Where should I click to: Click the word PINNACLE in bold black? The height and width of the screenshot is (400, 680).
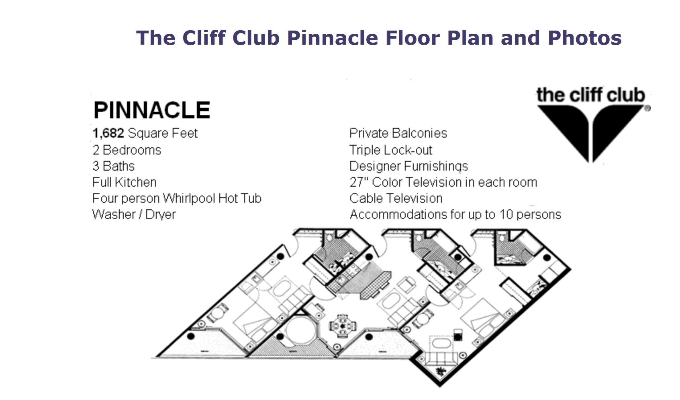[152, 110]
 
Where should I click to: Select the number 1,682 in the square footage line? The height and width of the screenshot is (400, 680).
[108, 133]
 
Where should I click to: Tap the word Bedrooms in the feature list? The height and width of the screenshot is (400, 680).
[132, 150]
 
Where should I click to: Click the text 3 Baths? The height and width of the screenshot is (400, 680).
[113, 166]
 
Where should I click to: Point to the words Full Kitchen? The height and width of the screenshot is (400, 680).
[124, 182]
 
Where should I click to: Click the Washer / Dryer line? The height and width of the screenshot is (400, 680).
[134, 215]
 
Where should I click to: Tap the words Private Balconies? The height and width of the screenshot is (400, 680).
[398, 133]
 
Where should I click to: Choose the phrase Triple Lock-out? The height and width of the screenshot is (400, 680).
[390, 150]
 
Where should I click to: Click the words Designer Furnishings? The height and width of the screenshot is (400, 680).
[408, 166]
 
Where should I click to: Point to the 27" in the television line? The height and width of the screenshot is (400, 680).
[359, 182]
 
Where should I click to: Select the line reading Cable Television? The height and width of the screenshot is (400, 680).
[396, 198]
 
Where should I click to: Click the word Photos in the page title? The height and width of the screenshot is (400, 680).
[585, 38]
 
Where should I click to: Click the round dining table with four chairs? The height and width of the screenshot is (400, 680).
[343, 326]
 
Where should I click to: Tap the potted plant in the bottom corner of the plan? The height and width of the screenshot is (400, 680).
[440, 371]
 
